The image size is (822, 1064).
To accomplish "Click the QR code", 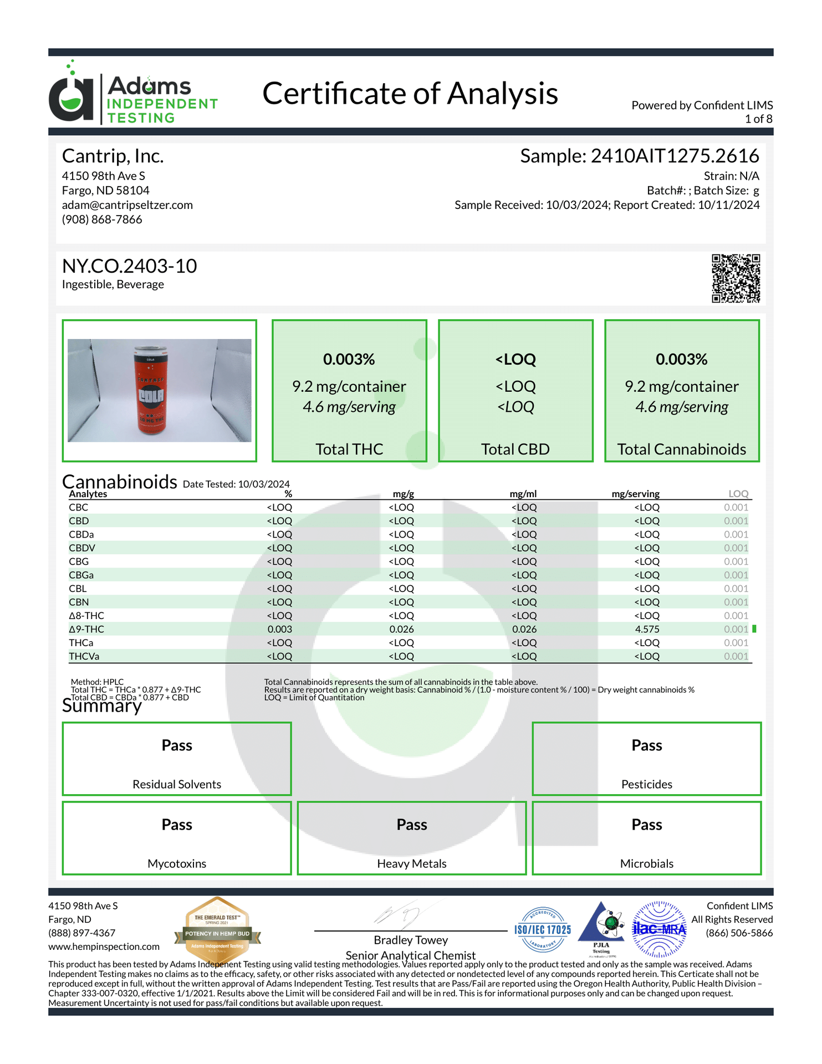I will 736,278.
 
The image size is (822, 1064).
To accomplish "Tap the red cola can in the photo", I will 151,390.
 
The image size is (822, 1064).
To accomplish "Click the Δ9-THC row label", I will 86,629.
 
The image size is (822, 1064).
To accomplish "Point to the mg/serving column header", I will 635,494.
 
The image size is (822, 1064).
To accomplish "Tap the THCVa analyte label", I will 84,656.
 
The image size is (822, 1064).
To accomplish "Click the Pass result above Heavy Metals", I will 412,825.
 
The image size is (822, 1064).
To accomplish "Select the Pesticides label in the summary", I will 646,784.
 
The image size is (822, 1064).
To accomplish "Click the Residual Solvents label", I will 177,784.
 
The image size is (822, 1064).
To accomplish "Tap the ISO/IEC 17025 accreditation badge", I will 543,929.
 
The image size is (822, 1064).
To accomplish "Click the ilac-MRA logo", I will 660,929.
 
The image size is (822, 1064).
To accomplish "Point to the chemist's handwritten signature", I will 399,915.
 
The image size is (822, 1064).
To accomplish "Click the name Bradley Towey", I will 411,940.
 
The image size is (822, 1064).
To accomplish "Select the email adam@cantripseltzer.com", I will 127,205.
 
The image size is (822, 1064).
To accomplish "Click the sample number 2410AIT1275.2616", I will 675,156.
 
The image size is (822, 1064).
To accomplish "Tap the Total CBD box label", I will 515,449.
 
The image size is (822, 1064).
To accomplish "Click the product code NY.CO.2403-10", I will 130,266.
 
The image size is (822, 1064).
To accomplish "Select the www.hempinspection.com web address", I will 104,947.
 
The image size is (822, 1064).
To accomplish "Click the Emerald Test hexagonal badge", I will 217,929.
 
